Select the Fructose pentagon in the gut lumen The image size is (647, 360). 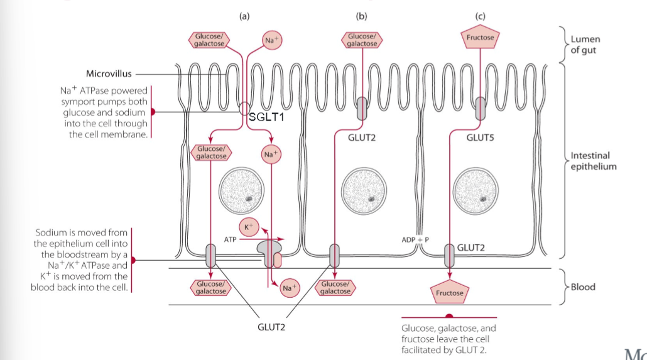[x=480, y=38]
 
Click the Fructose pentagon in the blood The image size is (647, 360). [x=450, y=292]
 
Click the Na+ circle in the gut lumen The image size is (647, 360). [x=272, y=40]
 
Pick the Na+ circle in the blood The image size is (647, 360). [x=289, y=287]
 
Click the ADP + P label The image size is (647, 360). [x=415, y=240]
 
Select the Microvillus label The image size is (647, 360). [x=109, y=74]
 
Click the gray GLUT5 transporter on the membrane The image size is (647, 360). [x=481, y=107]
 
